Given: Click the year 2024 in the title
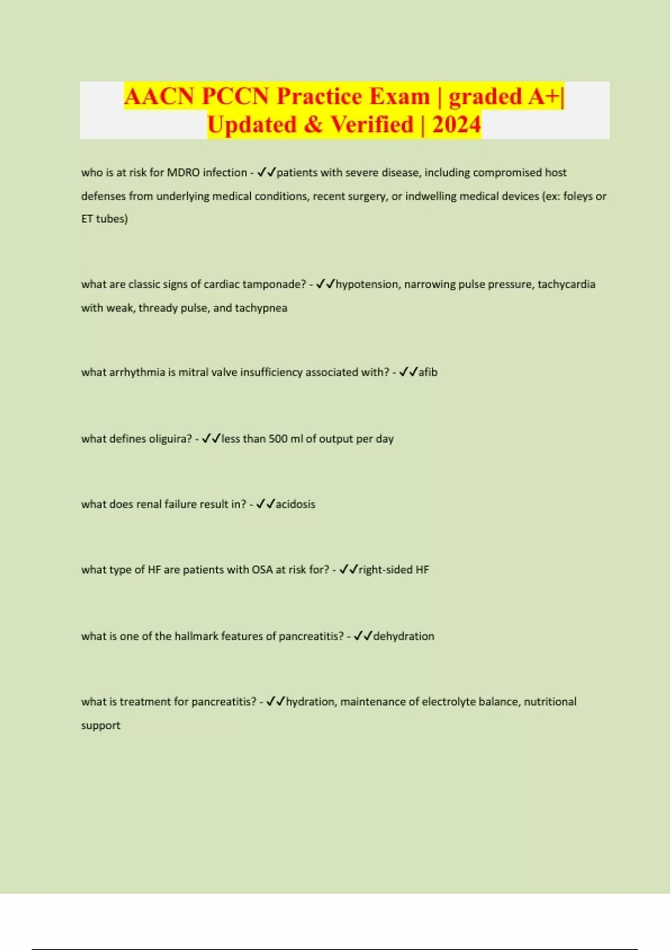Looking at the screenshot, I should click(x=456, y=125).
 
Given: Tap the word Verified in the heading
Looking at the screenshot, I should click(x=372, y=125).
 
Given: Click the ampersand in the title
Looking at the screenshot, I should click(x=313, y=125).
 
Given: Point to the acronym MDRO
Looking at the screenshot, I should click(x=183, y=173).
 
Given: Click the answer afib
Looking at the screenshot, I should click(x=428, y=372).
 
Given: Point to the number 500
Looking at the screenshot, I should click(x=278, y=439).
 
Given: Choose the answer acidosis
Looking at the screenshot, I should click(x=295, y=504).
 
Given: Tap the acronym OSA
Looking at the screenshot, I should click(x=262, y=570).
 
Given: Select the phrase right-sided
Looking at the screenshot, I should click(x=385, y=570).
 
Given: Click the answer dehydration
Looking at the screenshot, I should click(x=404, y=636).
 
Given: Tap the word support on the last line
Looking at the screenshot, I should click(x=100, y=726).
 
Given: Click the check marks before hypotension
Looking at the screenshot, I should click(x=325, y=284).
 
